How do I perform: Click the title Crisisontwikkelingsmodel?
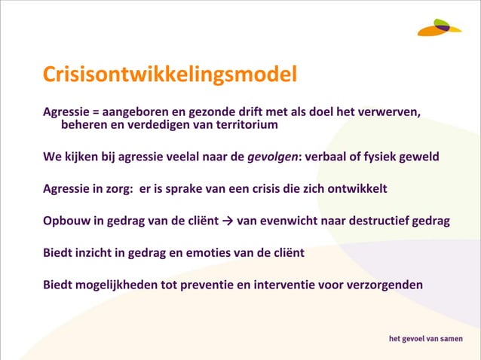tap(170, 76)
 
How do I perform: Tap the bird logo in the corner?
tap(440, 27)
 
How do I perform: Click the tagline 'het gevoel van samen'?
tap(427, 338)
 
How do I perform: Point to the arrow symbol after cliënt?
tap(228, 221)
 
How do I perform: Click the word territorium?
tap(243, 125)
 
